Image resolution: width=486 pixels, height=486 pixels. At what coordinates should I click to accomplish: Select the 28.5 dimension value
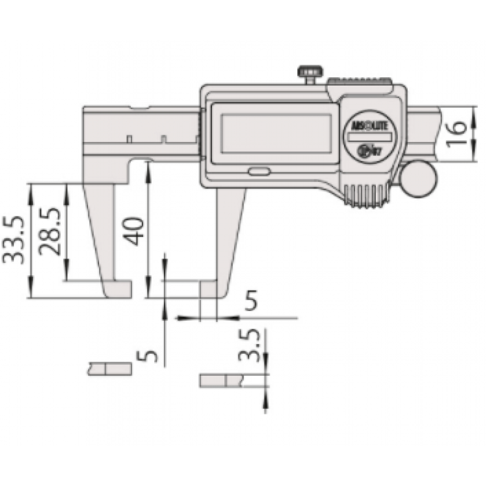[x=51, y=231]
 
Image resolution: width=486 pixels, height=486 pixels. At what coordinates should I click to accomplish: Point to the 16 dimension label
[x=457, y=128]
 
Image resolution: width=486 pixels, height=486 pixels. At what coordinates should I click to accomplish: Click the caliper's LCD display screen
[x=276, y=133]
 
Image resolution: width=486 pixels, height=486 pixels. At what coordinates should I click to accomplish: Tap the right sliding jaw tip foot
[x=211, y=290]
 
